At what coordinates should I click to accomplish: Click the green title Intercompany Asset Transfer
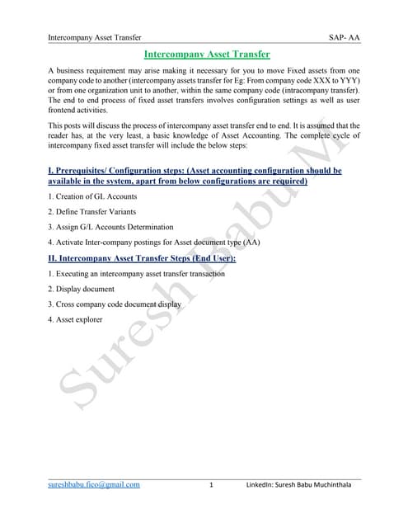[x=207, y=54]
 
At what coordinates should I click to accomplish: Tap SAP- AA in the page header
[x=344, y=37]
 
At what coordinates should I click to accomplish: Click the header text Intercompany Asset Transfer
[x=95, y=37]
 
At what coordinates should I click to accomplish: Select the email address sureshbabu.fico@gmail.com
[x=94, y=484]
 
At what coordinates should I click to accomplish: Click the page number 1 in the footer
[x=212, y=484]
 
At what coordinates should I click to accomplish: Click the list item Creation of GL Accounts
[x=92, y=196]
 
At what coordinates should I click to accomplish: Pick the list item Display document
[x=81, y=289]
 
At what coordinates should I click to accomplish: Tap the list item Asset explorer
[x=75, y=320]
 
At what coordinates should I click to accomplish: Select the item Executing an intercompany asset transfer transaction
[x=136, y=273]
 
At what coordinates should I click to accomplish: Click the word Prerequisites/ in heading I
[x=88, y=170]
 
